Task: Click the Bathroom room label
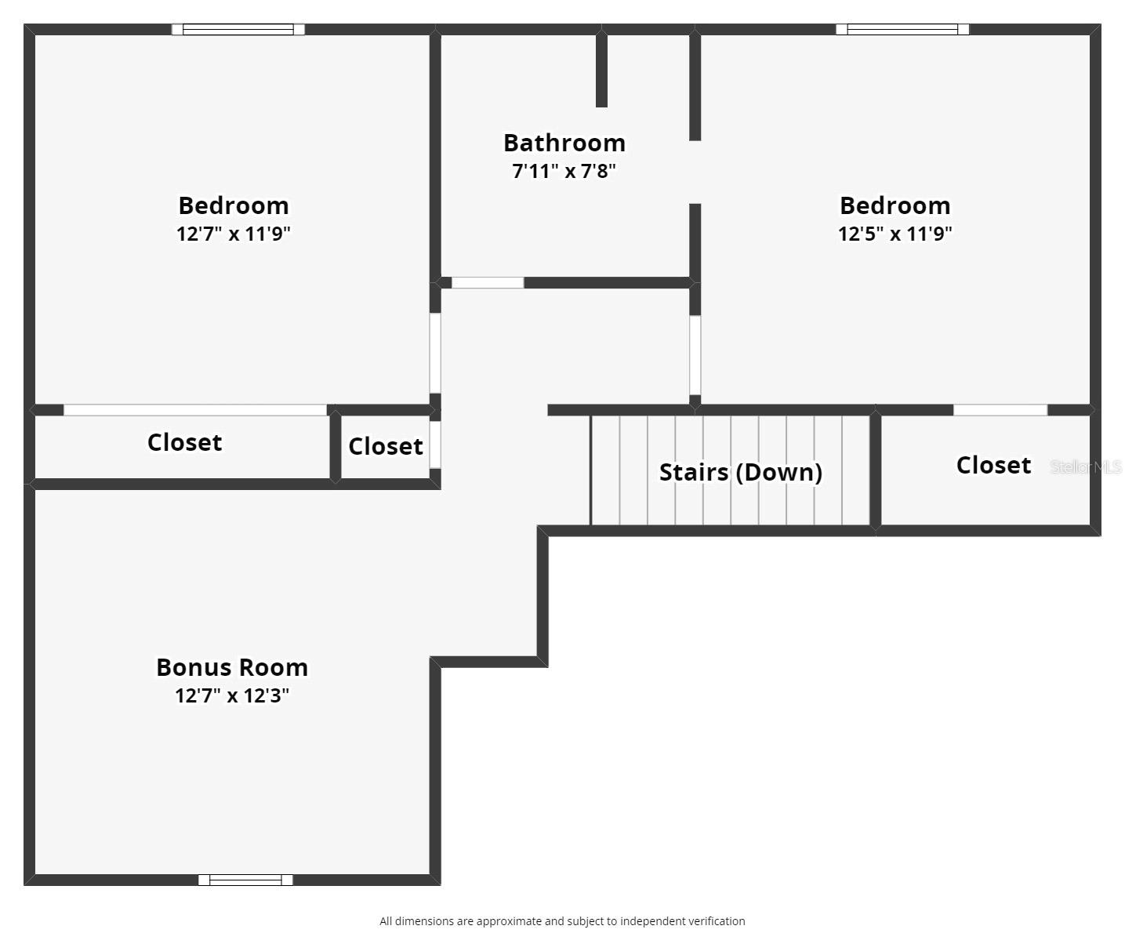click(x=564, y=143)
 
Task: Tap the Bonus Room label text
click(x=232, y=667)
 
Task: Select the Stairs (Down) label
click(x=740, y=472)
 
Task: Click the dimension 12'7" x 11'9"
click(x=234, y=234)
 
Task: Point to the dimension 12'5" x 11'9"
click(x=895, y=234)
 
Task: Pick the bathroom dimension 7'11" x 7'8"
click(x=564, y=171)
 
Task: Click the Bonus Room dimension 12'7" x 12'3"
click(x=232, y=695)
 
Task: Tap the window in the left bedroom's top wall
click(x=238, y=30)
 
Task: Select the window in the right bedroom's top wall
click(x=902, y=30)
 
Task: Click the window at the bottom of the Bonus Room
click(x=245, y=880)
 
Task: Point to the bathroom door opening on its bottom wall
click(x=488, y=283)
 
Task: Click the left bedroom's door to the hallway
click(x=435, y=353)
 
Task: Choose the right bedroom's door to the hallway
click(x=695, y=355)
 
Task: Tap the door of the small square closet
click(x=435, y=445)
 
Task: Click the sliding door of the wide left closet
click(x=195, y=410)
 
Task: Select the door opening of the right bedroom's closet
click(x=1000, y=410)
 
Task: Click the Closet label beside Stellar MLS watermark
click(x=993, y=465)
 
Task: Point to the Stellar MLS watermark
click(x=1086, y=467)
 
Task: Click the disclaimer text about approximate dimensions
click(x=562, y=921)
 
